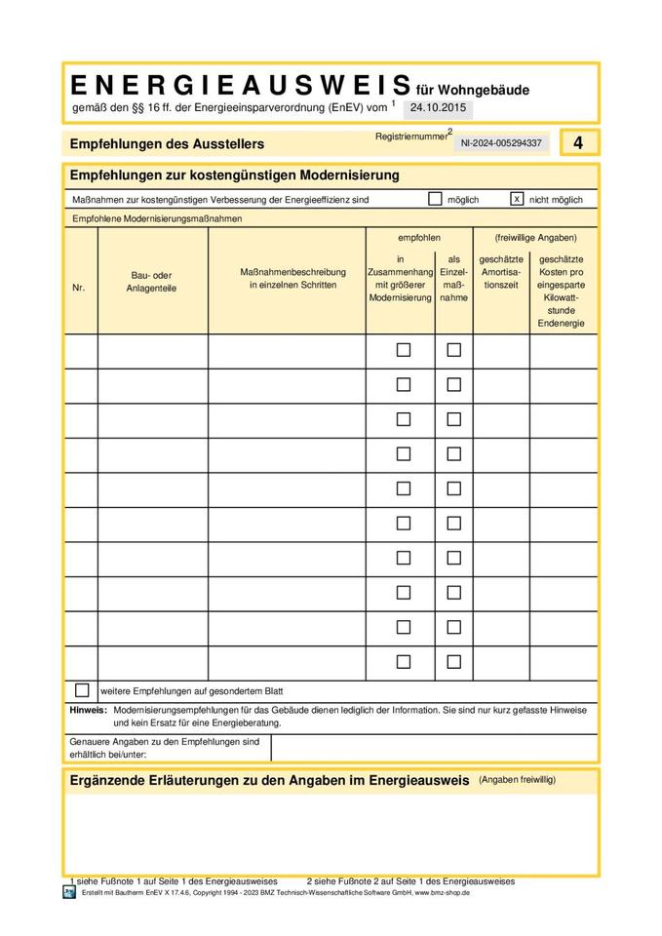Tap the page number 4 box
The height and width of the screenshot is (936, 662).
pyautogui.click(x=578, y=142)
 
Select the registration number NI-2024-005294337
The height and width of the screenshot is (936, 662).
pyautogui.click(x=501, y=143)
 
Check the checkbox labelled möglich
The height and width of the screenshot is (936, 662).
pyautogui.click(x=435, y=199)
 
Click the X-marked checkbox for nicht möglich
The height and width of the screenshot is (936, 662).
pyautogui.click(x=517, y=199)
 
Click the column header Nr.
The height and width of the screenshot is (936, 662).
pyautogui.click(x=79, y=288)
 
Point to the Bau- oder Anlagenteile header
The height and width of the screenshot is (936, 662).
pyautogui.click(x=151, y=282)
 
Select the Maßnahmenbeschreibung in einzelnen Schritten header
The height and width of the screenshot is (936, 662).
pyautogui.click(x=288, y=278)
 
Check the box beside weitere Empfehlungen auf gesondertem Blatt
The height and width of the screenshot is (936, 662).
pyautogui.click(x=82, y=690)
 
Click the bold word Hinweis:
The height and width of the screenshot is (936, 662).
pyautogui.click(x=89, y=711)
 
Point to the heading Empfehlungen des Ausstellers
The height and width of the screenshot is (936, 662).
pyautogui.click(x=167, y=144)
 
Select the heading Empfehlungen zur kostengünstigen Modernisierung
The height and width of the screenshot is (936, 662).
pyautogui.click(x=235, y=175)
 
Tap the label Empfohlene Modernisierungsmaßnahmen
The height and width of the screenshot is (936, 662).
pyautogui.click(x=157, y=218)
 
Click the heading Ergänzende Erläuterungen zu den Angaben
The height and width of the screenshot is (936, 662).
pyautogui.click(x=270, y=781)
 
